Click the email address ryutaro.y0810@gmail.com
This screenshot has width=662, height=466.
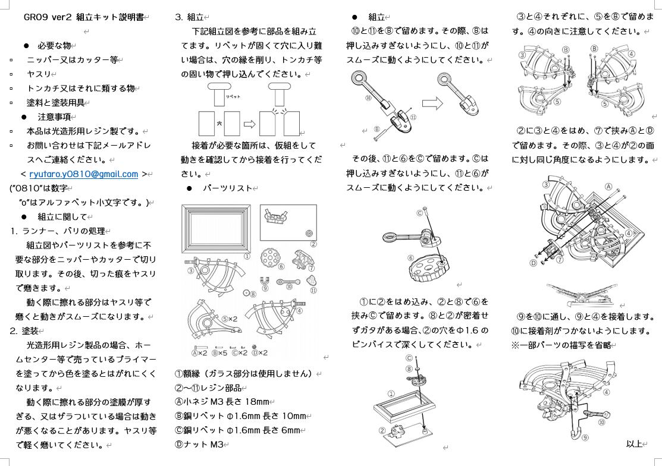click(x=83, y=174)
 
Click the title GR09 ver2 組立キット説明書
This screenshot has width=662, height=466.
click(x=83, y=17)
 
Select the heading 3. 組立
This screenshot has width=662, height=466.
click(x=191, y=17)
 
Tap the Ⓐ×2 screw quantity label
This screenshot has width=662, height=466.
click(x=199, y=352)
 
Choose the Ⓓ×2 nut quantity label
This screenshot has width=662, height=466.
click(x=260, y=352)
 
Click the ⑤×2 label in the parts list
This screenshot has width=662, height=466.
click(x=229, y=319)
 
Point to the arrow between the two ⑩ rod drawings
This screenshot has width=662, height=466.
click(x=432, y=103)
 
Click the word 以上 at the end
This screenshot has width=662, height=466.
click(x=634, y=444)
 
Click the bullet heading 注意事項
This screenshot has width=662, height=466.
click(x=54, y=116)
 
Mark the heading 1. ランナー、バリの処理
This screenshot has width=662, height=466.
click(x=57, y=231)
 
